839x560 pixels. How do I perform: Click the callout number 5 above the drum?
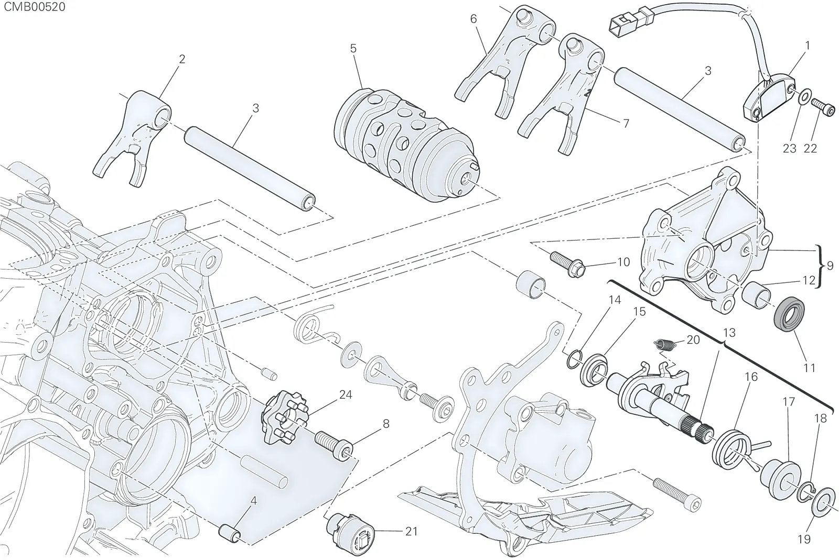(x=353, y=49)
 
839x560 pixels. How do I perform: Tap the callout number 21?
(x=411, y=532)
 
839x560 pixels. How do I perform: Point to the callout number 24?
(x=346, y=394)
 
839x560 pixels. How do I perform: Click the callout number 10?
(x=623, y=261)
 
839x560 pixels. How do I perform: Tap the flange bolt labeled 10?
(x=567, y=263)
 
